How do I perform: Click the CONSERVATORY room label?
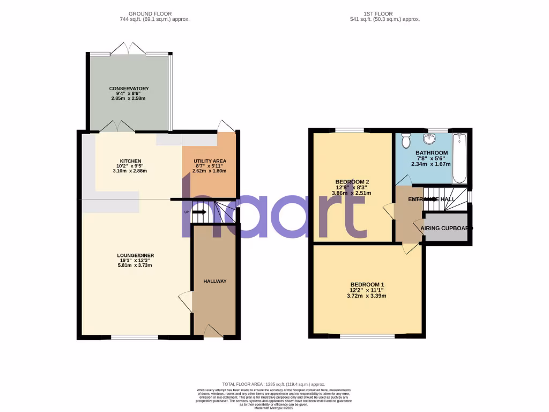click(x=129, y=89)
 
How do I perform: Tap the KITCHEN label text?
click(x=130, y=161)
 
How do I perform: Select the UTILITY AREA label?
click(x=209, y=161)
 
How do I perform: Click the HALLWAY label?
click(x=214, y=281)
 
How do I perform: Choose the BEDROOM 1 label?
click(x=367, y=284)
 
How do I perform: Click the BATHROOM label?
click(x=431, y=153)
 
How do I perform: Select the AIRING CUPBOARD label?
click(x=446, y=228)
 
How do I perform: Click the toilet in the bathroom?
click(x=406, y=141)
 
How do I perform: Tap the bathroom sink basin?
click(x=429, y=139)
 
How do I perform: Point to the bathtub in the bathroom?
click(x=459, y=159)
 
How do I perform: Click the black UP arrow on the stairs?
click(x=198, y=212)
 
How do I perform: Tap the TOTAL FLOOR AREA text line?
click(x=274, y=384)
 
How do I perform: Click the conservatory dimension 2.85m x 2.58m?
click(x=129, y=99)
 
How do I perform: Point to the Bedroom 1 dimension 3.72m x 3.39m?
click(x=367, y=296)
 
